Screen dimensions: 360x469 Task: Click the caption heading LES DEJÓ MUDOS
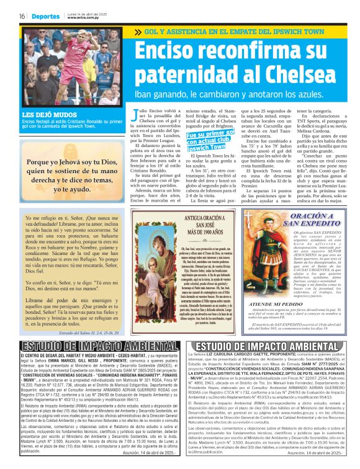(x=43, y=115)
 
